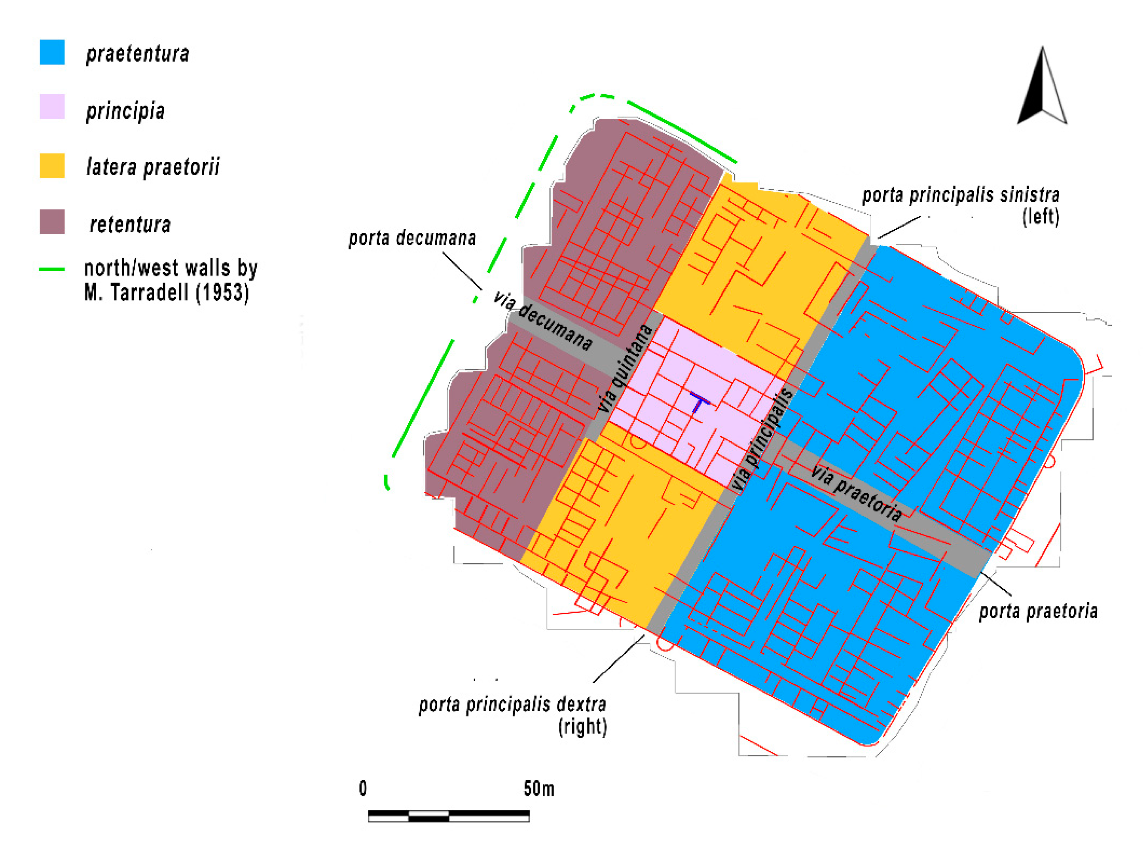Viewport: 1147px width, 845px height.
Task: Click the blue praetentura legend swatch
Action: point(52,52)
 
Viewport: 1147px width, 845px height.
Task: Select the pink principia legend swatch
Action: point(52,106)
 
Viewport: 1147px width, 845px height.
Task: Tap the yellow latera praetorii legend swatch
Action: point(52,166)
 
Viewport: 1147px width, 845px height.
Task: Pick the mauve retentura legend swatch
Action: point(52,222)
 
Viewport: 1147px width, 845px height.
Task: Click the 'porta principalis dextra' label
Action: point(512,705)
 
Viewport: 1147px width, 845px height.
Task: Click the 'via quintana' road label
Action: point(625,368)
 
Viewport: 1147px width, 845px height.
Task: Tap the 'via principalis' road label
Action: point(762,440)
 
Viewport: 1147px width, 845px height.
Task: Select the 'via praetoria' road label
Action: point(856,494)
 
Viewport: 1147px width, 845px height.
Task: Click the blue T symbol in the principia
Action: point(699,402)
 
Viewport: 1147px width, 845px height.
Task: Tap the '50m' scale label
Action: point(538,789)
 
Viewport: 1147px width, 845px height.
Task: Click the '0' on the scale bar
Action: point(362,789)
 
